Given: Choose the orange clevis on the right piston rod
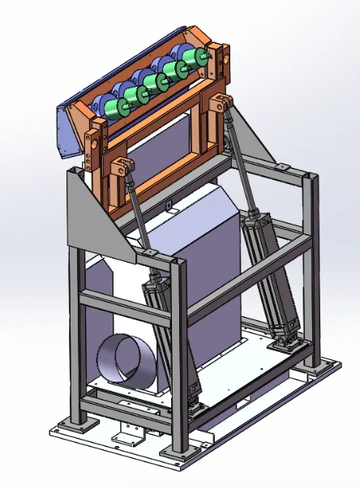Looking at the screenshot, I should click(x=220, y=104).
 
